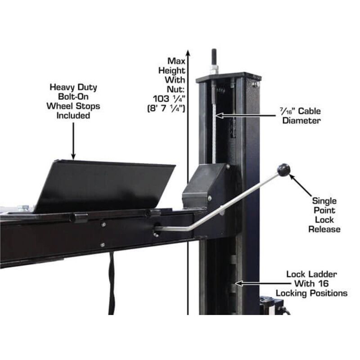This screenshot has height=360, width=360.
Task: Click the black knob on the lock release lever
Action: click(x=283, y=170)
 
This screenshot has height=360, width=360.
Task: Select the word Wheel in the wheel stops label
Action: click(x=60, y=106)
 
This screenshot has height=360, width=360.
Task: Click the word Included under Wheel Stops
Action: click(x=73, y=116)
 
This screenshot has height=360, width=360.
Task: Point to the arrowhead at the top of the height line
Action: click(x=188, y=52)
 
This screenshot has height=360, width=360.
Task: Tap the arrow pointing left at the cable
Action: click(x=220, y=116)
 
